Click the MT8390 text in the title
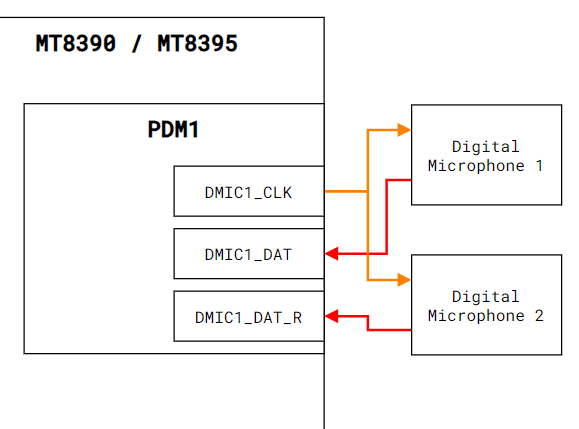click(76, 43)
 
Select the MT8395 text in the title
click(198, 43)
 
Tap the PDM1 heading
click(173, 129)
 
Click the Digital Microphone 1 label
click(485, 156)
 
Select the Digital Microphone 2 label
click(485, 306)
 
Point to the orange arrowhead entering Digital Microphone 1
click(404, 130)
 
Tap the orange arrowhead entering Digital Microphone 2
click(404, 280)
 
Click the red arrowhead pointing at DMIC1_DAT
click(332, 254)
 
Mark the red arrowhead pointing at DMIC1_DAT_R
click(332, 316)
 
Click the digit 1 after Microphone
click(539, 165)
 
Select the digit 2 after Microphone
click(539, 316)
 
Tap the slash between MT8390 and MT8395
click(137, 43)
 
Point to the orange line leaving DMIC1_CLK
click(346, 191)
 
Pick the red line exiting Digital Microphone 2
click(368, 323)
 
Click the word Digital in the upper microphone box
click(486, 147)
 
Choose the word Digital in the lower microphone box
click(486, 297)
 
